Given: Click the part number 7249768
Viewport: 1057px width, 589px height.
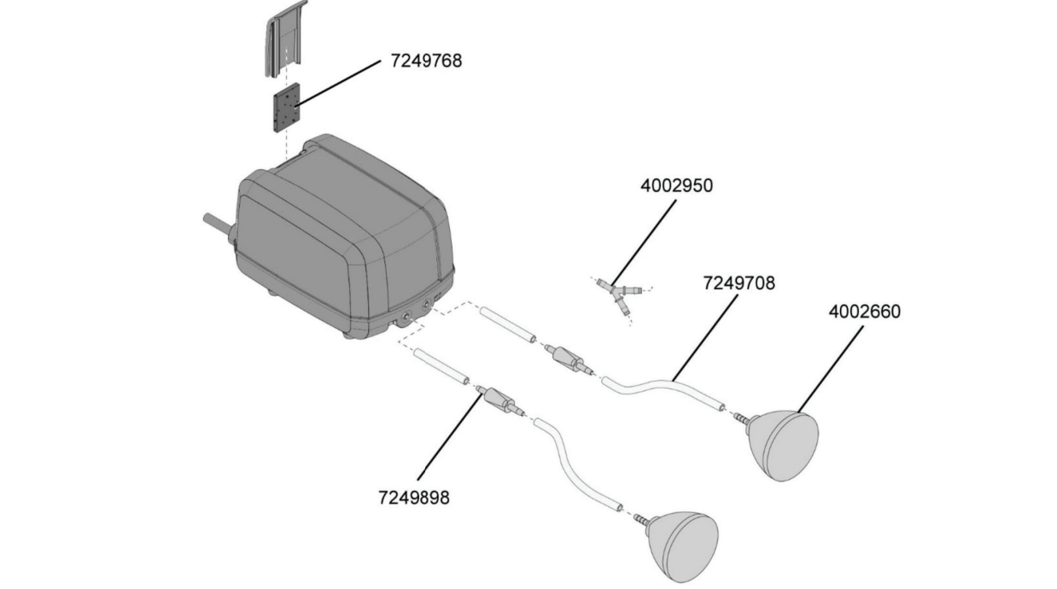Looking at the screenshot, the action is (426, 61).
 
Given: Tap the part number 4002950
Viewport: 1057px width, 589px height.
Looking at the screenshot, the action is (676, 186).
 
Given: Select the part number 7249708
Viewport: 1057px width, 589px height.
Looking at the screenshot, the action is (739, 283).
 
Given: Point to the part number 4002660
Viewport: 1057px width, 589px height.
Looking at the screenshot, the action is (865, 312).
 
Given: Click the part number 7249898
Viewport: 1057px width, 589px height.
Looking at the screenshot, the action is (414, 498).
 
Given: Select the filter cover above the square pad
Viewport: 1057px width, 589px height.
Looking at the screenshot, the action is (285, 38).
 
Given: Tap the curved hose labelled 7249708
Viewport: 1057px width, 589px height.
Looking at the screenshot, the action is (661, 387).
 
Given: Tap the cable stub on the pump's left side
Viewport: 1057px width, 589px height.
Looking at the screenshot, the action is (218, 225).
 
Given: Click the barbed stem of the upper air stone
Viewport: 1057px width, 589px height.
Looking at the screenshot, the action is (741, 418).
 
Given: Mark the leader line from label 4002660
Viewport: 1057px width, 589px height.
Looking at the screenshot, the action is (831, 370).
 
